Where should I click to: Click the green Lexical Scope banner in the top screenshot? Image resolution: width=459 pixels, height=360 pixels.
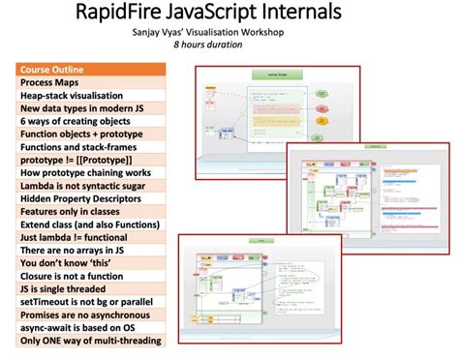pos(272,74)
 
